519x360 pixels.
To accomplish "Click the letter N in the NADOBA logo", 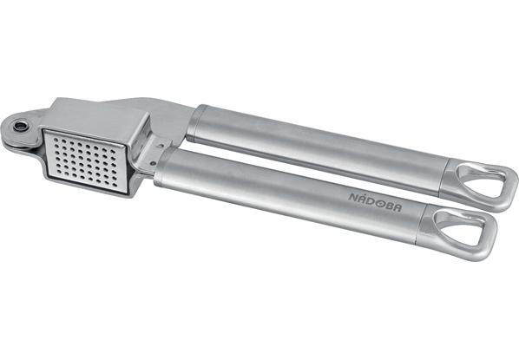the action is [x=353, y=197].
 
